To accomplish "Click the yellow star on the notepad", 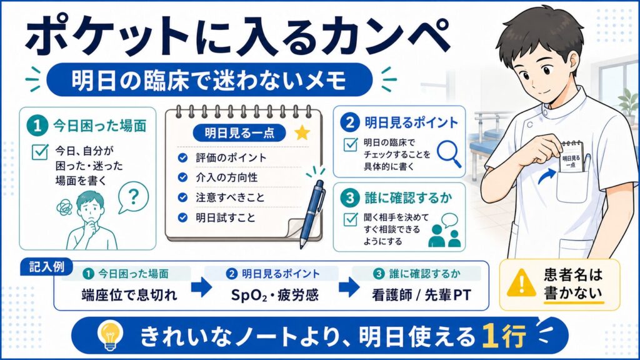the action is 302,132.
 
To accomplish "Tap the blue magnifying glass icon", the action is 449,154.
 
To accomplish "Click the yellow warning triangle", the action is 521,282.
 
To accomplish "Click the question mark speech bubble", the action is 133,197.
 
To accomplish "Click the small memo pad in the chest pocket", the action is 571,156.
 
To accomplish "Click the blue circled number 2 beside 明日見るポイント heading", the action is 350,122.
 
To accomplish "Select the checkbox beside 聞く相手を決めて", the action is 351,219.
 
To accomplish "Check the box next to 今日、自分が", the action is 40,152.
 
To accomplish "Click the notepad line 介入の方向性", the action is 226,177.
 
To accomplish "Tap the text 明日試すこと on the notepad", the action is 225,217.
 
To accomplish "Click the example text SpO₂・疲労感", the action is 275,295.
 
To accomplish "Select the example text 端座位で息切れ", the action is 129,295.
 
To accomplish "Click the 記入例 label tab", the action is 46,267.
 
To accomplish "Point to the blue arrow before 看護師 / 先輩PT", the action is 349,287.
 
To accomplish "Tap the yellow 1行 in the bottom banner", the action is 504,336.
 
